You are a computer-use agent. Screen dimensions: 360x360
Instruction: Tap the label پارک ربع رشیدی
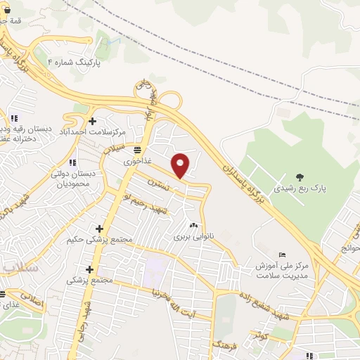click(x=300, y=188)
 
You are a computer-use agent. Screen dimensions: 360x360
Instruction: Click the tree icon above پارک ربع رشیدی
click(x=300, y=176)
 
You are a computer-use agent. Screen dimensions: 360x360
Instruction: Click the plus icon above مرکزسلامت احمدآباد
click(x=92, y=121)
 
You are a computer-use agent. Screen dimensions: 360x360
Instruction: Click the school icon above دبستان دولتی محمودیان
click(x=73, y=163)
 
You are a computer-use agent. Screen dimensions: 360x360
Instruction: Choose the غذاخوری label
click(x=137, y=161)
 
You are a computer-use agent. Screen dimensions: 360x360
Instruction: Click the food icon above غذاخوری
click(x=137, y=150)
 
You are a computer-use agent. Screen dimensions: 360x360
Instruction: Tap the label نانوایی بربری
click(x=193, y=237)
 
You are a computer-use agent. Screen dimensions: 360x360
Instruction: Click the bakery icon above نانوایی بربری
click(x=193, y=226)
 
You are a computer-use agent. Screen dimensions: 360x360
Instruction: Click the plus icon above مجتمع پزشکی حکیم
click(x=99, y=229)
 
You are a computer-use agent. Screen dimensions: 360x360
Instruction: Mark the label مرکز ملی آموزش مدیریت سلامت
click(x=283, y=269)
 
